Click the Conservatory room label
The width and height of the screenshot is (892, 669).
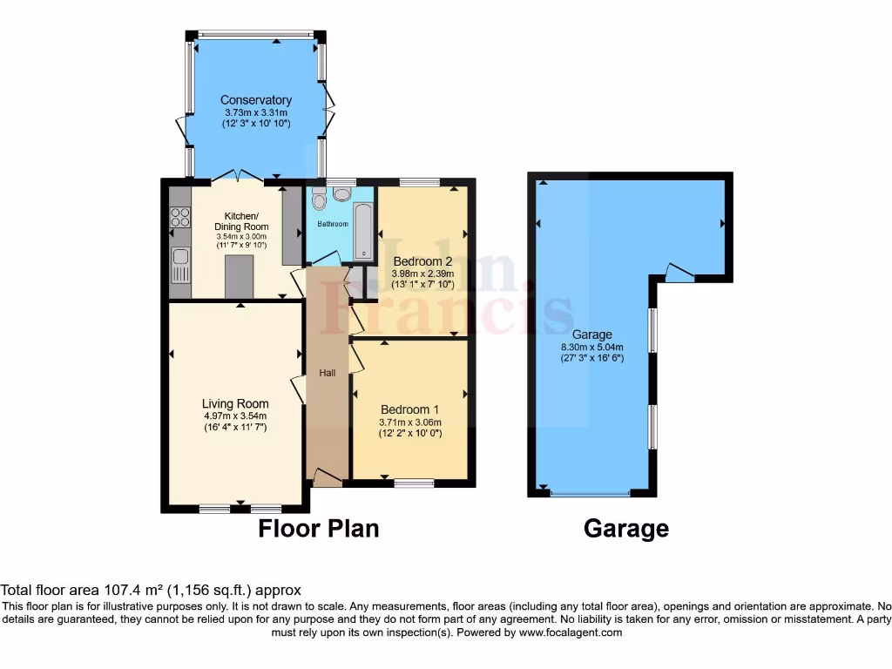tap(255, 100)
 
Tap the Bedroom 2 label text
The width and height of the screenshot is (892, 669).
tap(422, 261)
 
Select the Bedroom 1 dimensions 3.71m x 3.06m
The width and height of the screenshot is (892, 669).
tap(409, 422)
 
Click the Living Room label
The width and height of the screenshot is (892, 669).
tap(235, 403)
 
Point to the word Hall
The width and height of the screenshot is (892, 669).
tap(328, 373)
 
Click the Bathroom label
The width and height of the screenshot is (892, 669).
tap(332, 224)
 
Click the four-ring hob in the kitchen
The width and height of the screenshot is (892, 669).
tap(180, 216)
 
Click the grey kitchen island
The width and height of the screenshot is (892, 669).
tap(236, 276)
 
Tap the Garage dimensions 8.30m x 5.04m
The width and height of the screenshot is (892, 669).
tap(592, 347)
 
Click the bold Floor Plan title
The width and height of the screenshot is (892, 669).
tap(319, 528)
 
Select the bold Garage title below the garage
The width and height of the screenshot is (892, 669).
tap(625, 528)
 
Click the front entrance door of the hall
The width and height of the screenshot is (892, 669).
tap(328, 478)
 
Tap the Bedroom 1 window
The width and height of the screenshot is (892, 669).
tap(414, 482)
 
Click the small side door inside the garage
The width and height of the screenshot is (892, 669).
tap(678, 274)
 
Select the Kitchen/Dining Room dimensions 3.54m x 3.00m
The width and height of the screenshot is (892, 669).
tap(241, 236)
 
